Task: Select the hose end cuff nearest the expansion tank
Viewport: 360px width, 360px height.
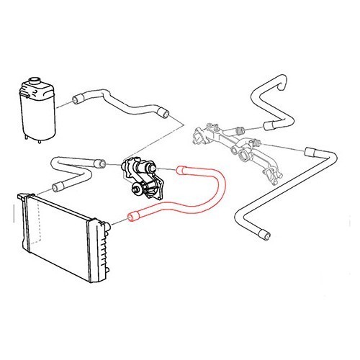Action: click(x=78, y=98)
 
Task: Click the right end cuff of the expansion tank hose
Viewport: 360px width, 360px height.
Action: click(x=165, y=112)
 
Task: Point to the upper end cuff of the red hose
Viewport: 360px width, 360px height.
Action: click(x=181, y=171)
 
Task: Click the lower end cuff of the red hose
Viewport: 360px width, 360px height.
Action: click(x=133, y=216)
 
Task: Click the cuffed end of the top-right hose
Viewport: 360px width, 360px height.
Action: click(x=269, y=126)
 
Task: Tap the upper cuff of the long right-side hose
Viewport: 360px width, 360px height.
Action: click(x=312, y=152)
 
